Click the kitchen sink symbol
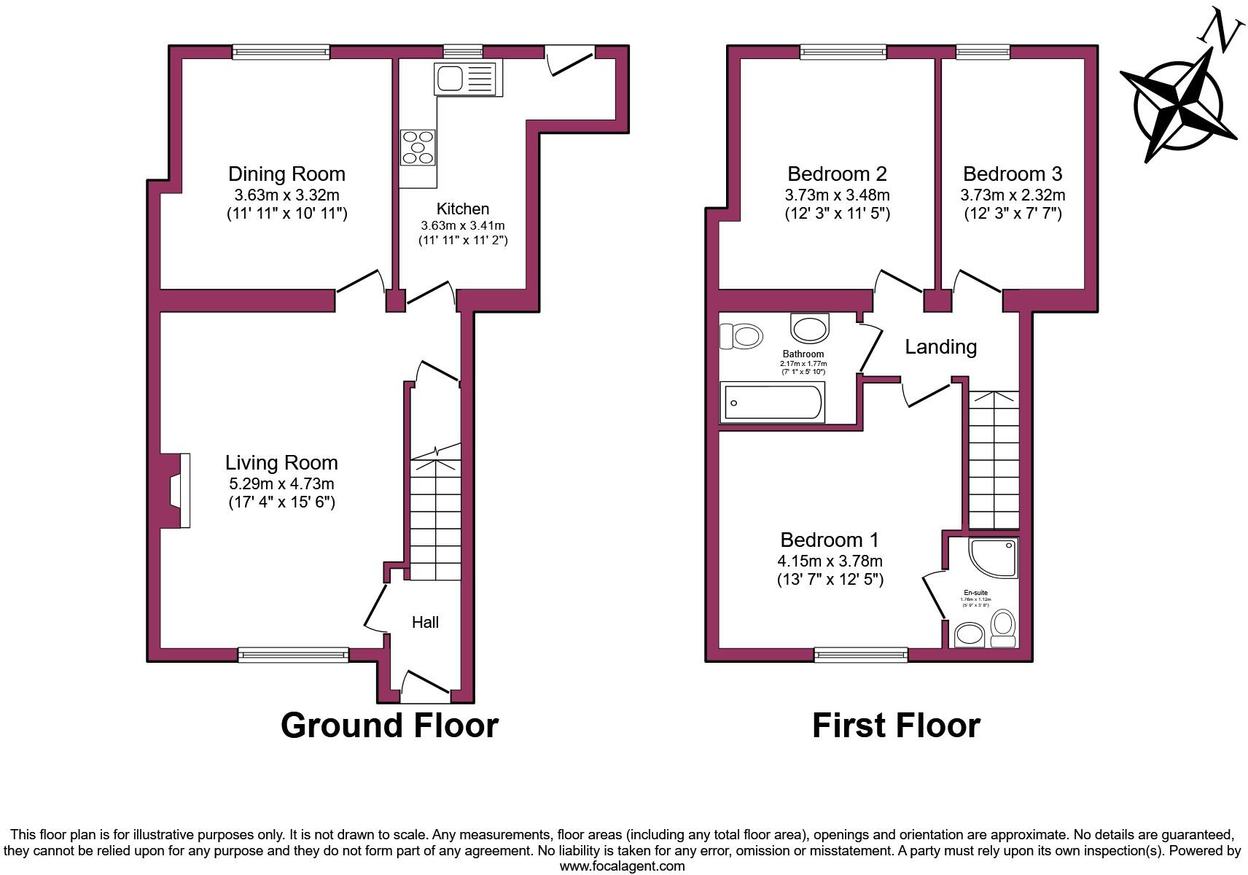point(464,78)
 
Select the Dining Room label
point(286,174)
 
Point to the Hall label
point(425,622)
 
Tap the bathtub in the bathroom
point(772,402)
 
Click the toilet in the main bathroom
point(741,337)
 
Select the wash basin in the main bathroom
point(810,328)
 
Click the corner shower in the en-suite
point(992,558)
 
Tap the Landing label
point(940,346)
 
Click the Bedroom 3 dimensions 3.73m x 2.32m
point(1013,195)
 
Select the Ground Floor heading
point(389,726)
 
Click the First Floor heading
point(896,726)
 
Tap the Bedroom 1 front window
point(861,655)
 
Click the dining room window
point(281,52)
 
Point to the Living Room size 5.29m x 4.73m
point(281,483)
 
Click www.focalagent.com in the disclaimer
point(622,866)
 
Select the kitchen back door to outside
point(569,58)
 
